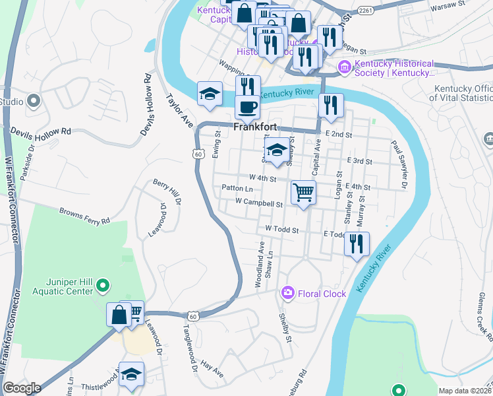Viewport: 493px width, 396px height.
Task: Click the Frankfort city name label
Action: (254, 127)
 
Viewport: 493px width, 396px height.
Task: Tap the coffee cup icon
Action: (248, 106)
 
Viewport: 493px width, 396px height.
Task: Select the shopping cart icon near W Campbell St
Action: (303, 192)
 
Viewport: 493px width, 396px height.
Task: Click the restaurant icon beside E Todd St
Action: (357, 244)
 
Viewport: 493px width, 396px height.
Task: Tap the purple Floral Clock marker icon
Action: (287, 292)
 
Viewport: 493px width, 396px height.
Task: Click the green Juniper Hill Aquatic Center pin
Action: (102, 286)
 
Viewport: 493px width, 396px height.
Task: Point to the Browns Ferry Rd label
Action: (84, 216)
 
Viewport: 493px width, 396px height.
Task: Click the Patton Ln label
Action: (237, 189)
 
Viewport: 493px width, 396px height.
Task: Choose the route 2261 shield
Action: (367, 10)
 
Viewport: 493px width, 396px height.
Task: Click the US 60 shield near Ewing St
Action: (198, 154)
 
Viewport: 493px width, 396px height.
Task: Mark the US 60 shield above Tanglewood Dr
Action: (192, 316)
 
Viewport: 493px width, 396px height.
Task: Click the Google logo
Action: (21, 388)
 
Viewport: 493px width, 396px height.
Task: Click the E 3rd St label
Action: (359, 161)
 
